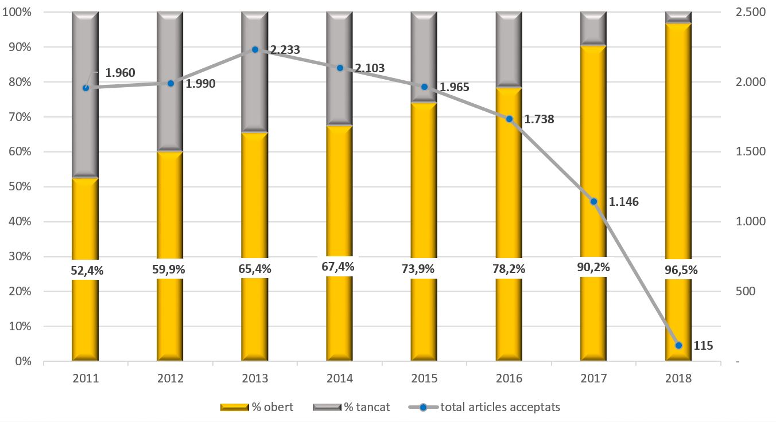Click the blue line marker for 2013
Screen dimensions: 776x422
(x=255, y=50)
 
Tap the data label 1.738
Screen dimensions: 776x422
(x=539, y=119)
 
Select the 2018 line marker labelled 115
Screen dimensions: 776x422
(x=678, y=346)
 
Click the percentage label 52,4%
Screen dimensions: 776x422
(x=87, y=271)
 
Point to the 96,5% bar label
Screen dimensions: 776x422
(x=681, y=270)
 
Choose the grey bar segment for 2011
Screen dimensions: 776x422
(x=85, y=95)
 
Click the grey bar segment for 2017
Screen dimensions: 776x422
(x=593, y=29)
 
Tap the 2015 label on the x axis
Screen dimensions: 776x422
(x=424, y=378)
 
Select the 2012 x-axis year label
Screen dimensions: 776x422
(x=170, y=378)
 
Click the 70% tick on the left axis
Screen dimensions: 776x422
(x=20, y=117)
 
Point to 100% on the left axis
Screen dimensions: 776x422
(x=17, y=12)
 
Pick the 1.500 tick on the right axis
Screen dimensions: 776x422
(x=750, y=151)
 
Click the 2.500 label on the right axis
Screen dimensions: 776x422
(x=750, y=12)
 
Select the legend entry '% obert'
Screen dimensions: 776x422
(x=257, y=407)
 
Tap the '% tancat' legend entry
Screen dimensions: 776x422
(x=351, y=407)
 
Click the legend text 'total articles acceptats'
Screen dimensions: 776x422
(x=500, y=407)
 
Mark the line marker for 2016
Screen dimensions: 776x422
(x=509, y=119)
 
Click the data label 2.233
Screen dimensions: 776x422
(x=285, y=50)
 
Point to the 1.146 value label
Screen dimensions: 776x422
(x=623, y=202)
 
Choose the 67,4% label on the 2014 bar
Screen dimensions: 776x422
(x=337, y=267)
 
